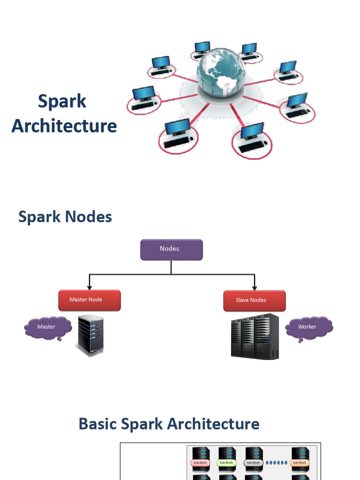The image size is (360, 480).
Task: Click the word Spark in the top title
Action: (x=62, y=101)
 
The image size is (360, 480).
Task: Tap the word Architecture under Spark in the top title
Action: (x=64, y=126)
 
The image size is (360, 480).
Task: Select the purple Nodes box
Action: (x=172, y=249)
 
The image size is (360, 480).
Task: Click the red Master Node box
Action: (x=90, y=300)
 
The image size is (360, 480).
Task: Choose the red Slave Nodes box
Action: (x=254, y=300)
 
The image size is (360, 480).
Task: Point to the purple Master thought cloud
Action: (x=47, y=327)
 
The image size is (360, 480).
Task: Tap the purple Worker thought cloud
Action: (x=308, y=327)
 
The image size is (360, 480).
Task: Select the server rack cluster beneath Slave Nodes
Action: (x=255, y=337)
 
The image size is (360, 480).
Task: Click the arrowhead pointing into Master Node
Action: (x=89, y=287)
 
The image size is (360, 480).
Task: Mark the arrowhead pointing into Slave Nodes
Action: (x=254, y=287)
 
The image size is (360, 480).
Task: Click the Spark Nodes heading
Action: (x=65, y=217)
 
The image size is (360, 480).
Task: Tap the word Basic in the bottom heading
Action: (x=97, y=424)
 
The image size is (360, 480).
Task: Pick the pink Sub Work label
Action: (x=200, y=463)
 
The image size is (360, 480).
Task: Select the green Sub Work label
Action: (x=226, y=463)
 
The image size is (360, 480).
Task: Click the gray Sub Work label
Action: (x=253, y=463)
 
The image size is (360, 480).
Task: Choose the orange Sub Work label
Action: (x=299, y=463)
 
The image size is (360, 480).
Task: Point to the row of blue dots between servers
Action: (x=276, y=463)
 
